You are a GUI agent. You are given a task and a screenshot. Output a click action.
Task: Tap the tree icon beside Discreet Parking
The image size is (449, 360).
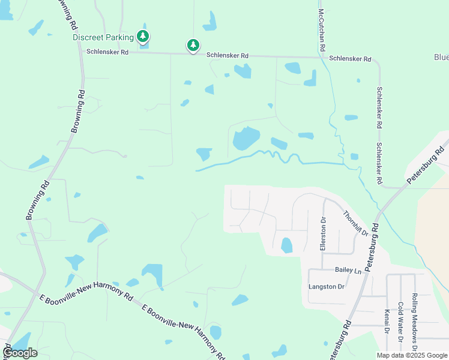tap(143, 37)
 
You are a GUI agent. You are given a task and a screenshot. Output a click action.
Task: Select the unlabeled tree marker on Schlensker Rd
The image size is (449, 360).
tap(193, 45)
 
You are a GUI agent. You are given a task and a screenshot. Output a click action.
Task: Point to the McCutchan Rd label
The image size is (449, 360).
tap(322, 29)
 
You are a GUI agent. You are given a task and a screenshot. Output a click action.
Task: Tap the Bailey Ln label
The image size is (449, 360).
tap(349, 271)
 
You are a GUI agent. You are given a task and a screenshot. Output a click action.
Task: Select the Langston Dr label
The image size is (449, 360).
tap(327, 287)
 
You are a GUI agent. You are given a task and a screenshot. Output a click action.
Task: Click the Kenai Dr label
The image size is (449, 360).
tap(387, 323)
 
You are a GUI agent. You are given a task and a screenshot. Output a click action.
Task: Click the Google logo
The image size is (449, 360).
tap(20, 353)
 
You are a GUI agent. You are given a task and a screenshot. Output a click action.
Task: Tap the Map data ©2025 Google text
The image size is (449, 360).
tap(412, 355)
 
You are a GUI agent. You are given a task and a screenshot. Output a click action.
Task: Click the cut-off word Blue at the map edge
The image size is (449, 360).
tap(441, 57)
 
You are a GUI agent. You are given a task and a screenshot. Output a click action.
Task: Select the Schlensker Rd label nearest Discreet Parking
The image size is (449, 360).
tap(107, 52)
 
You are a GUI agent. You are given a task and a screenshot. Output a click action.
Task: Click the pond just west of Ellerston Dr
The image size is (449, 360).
tap(286, 245)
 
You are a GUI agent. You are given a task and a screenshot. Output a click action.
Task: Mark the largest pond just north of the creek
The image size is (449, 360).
tap(246, 139)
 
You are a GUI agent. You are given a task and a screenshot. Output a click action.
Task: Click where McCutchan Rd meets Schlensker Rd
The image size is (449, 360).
tap(322, 58)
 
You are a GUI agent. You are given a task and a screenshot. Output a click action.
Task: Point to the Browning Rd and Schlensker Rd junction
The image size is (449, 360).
tap(82, 52)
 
